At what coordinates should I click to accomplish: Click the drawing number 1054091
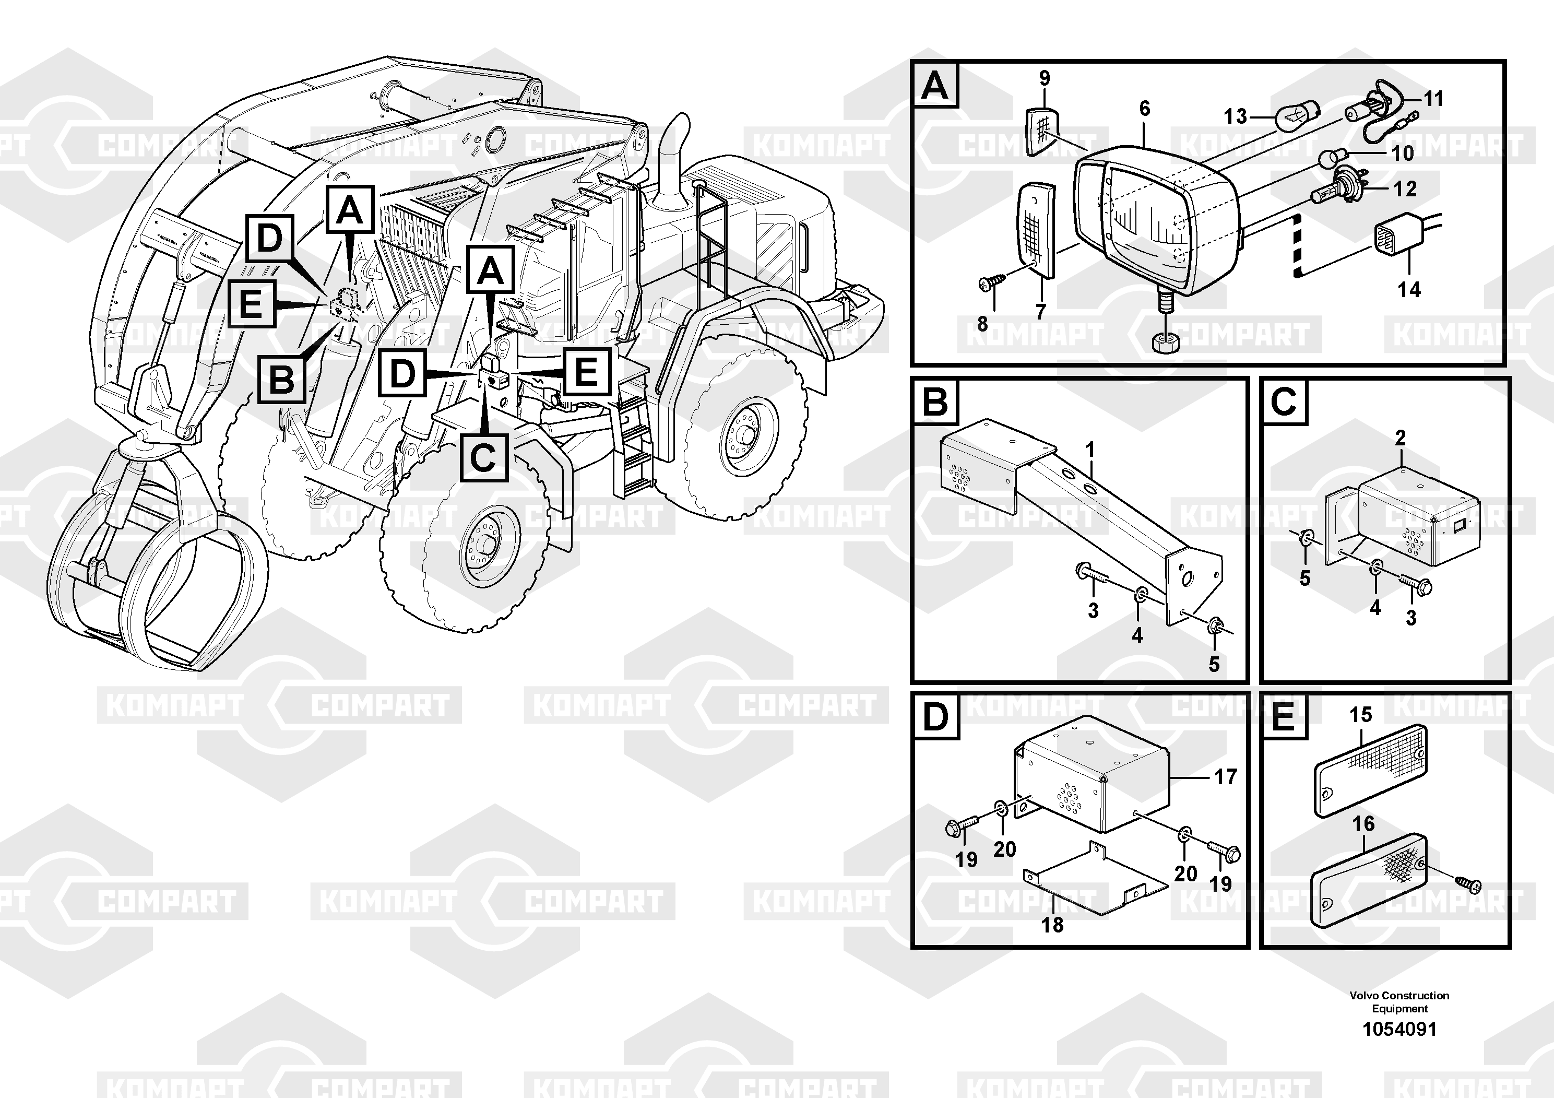[x=1399, y=1029]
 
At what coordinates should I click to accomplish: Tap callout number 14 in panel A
[x=1409, y=290]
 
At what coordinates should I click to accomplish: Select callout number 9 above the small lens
[x=1045, y=78]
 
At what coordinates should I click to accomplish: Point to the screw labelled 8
[x=989, y=285]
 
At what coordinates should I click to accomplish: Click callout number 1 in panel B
[x=1090, y=449]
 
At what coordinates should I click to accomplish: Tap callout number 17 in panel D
[x=1226, y=776]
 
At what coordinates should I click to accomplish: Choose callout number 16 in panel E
[x=1363, y=824]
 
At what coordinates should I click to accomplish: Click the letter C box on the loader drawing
[x=483, y=457]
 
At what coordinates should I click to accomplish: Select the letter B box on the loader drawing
[x=281, y=379]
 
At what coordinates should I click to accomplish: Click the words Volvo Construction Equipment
[x=1399, y=1002]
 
